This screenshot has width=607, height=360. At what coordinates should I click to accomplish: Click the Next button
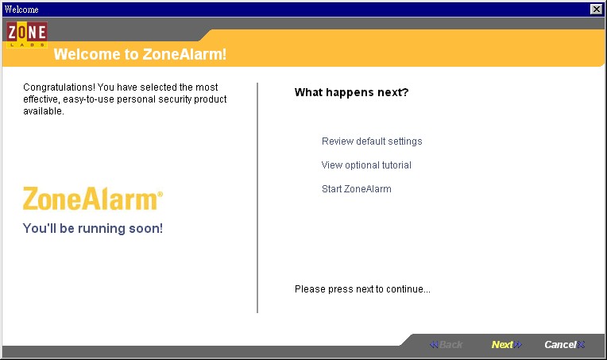[x=506, y=345]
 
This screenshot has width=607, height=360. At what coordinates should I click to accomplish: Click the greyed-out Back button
[x=446, y=345]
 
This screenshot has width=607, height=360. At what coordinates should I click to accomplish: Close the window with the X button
[x=596, y=10]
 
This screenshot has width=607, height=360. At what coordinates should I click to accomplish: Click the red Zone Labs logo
[x=27, y=34]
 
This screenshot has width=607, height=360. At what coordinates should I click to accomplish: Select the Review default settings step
[x=372, y=141]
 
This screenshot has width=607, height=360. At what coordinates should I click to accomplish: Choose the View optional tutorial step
[x=366, y=165]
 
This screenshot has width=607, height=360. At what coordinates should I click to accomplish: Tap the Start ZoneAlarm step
[x=356, y=189]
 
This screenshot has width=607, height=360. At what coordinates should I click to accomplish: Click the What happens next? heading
[x=351, y=92]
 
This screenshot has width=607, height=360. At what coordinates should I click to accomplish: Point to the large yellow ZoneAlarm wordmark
[x=91, y=199]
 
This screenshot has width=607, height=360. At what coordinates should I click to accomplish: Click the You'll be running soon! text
[x=92, y=228]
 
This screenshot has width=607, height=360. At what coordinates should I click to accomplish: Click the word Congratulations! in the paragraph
[x=59, y=87]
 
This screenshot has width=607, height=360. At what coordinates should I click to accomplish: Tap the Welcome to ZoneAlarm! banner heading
[x=140, y=54]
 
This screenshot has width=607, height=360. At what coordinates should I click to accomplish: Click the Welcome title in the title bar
[x=21, y=10]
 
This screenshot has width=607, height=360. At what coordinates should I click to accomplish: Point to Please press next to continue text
[x=362, y=289]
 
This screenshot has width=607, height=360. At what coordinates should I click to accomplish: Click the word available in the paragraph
[x=43, y=111]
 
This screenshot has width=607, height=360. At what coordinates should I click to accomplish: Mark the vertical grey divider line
[x=257, y=197]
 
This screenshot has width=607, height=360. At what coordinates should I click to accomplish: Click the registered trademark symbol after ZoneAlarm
[x=160, y=194]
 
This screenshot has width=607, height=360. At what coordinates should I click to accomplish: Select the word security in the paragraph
[x=175, y=99]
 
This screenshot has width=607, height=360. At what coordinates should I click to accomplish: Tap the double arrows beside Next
[x=518, y=345]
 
